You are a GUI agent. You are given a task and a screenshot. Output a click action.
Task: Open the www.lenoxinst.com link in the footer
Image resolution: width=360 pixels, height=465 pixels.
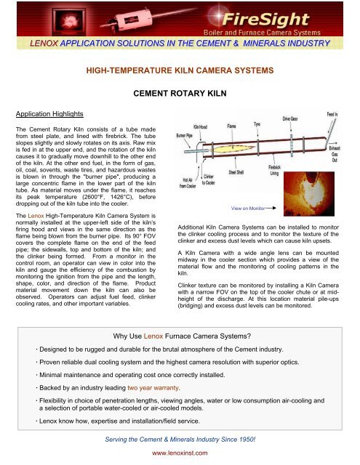[x=180, y=455]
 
